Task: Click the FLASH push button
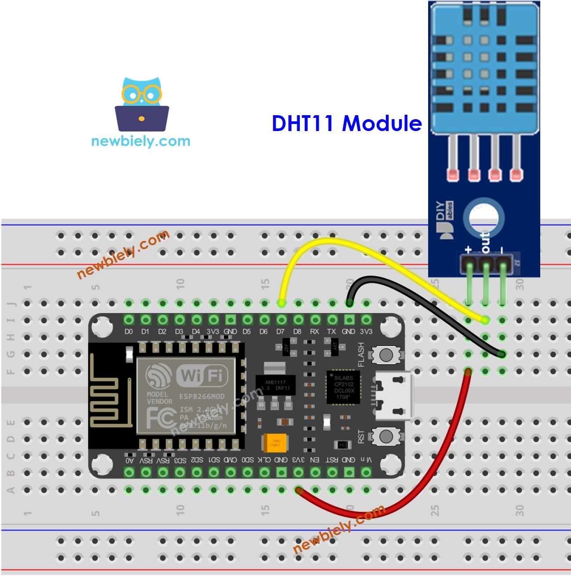coord(386,355)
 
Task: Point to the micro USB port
coord(393,395)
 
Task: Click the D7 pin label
coord(280,332)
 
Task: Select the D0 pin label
coord(128,332)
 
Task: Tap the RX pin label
coord(315,332)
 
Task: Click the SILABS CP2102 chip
coord(343,387)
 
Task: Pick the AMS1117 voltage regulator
coord(275,385)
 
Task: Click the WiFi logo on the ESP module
coord(202,375)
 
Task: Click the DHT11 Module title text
coord(346,124)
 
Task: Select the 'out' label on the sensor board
coord(485,242)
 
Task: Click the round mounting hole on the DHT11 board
coord(484,217)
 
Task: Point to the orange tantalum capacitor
coord(275,442)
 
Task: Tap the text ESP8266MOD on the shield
coord(202,396)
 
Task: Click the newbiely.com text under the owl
coord(141,141)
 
